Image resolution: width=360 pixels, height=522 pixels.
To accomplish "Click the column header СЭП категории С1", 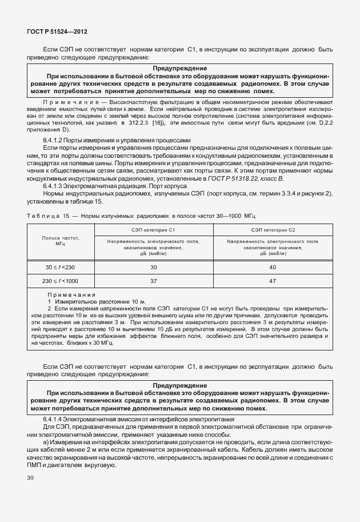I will tap(153, 229).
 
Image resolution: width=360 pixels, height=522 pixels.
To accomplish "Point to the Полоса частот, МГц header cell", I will tap(59, 240).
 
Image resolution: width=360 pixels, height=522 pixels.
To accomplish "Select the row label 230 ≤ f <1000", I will tap(60, 281).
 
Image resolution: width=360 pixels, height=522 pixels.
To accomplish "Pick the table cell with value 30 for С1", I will tap(153, 267).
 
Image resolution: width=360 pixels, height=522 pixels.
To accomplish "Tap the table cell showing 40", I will tap(273, 267).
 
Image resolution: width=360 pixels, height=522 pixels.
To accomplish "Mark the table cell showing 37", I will tap(153, 281).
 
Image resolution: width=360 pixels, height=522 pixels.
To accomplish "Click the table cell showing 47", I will tap(273, 281).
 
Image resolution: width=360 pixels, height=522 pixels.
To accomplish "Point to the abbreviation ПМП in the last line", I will tap(35, 465).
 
